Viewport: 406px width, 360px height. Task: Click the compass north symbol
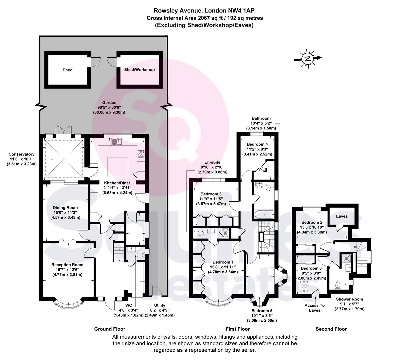click(x=308, y=59)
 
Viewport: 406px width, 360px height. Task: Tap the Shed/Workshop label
click(x=139, y=70)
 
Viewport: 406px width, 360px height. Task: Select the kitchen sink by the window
click(x=117, y=142)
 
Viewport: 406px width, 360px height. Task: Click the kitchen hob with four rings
click(x=141, y=154)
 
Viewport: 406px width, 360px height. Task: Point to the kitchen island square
click(x=118, y=167)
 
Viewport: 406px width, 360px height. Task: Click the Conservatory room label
click(x=21, y=154)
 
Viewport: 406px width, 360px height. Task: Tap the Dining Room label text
click(x=65, y=207)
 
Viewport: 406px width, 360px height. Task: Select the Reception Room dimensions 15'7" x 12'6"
click(x=67, y=270)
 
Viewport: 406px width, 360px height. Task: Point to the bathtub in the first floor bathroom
click(x=264, y=214)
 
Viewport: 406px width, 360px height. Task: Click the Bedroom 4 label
click(x=257, y=144)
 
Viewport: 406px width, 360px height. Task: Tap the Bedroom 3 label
click(x=211, y=194)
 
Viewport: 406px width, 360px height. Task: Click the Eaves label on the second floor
click(x=342, y=216)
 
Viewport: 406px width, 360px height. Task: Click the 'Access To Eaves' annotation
click(x=314, y=308)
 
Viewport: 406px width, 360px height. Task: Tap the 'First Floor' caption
click(x=238, y=329)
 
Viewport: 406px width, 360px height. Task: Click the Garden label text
click(x=109, y=102)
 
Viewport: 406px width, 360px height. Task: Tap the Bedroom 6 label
click(x=311, y=268)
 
